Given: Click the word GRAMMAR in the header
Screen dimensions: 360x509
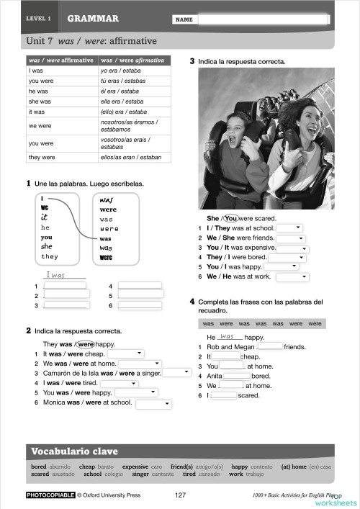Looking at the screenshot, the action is [93, 19].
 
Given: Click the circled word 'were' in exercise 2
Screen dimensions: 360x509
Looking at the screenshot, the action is [85, 343].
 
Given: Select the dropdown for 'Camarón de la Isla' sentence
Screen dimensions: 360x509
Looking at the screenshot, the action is [176, 373].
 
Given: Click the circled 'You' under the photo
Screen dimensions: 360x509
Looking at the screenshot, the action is [230, 218].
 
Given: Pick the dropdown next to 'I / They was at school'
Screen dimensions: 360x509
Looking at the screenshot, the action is [287, 228].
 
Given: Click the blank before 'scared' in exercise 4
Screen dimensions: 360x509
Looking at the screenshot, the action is [222, 395].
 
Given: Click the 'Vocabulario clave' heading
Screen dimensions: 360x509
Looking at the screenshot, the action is [74, 451].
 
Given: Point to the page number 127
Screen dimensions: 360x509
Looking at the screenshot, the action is [181, 495].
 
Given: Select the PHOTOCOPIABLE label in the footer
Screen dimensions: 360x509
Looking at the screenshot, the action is [50, 495].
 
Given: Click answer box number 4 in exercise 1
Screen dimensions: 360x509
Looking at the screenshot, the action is [140, 286].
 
